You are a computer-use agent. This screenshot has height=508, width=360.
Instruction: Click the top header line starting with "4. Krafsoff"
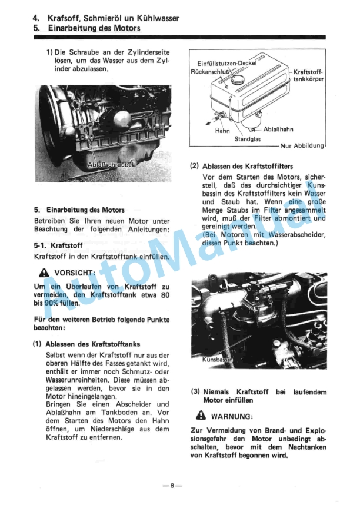click(x=106, y=18)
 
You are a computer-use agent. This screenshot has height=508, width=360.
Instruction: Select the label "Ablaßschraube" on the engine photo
click(x=111, y=165)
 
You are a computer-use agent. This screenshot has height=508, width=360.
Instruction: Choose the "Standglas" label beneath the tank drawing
click(x=247, y=140)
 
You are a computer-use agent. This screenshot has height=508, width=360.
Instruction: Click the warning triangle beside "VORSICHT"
click(x=42, y=273)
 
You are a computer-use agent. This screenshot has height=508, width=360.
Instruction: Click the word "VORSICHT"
click(x=75, y=273)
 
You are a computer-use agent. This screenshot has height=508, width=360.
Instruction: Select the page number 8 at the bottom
click(x=172, y=486)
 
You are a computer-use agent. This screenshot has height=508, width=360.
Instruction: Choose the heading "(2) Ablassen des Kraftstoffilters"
click(x=241, y=166)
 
